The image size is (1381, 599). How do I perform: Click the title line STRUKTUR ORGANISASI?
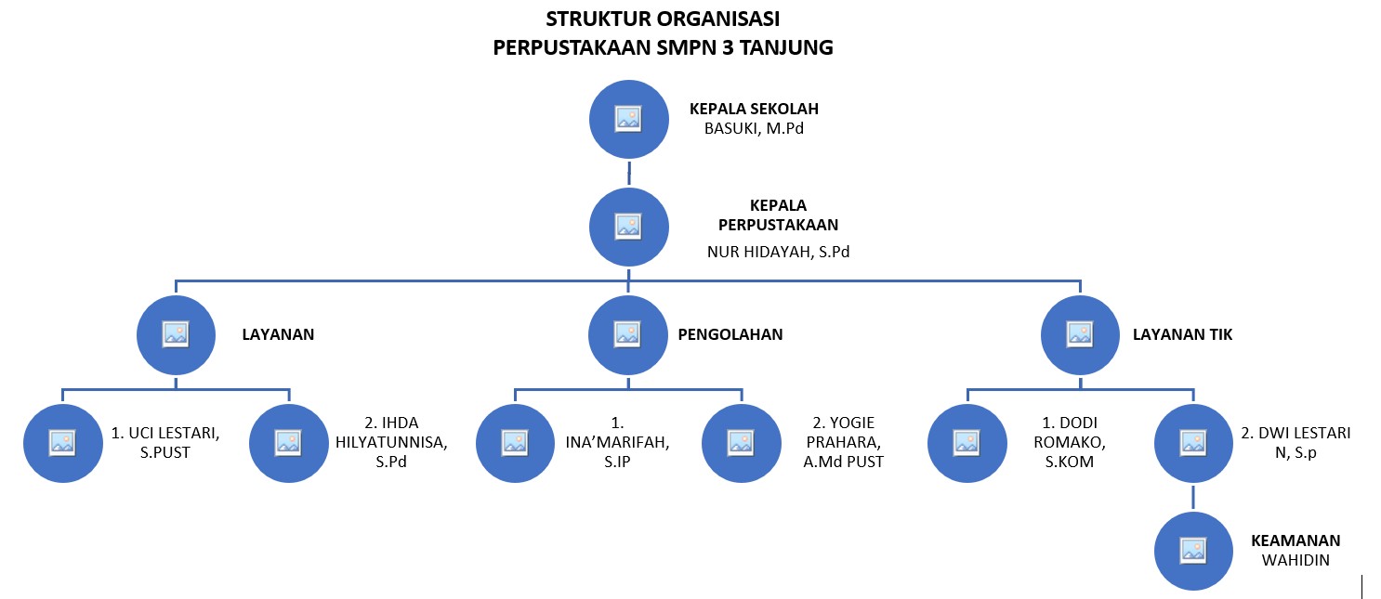point(663,19)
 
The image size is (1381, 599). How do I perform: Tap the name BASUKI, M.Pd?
point(754,129)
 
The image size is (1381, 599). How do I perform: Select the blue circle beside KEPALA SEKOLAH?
point(629,118)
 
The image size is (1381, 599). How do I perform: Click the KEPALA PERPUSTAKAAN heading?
point(778,215)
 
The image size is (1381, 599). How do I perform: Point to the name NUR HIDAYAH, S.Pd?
point(778,251)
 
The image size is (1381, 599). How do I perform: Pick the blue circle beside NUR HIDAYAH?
point(629,227)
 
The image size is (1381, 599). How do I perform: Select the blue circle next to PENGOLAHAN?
point(628,334)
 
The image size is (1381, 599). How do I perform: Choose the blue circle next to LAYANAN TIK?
point(1080,334)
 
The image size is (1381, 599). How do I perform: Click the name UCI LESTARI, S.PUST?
point(165,442)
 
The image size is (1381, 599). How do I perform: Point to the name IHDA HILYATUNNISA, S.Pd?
point(391,443)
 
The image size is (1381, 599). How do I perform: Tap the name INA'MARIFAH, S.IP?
point(618,443)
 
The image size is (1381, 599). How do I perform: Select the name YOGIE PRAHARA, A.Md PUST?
point(844,443)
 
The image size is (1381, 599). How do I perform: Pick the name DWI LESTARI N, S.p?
point(1296,442)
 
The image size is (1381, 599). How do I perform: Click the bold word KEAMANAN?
point(1296,541)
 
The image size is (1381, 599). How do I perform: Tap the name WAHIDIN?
point(1296,560)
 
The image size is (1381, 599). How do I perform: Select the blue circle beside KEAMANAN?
point(1193,551)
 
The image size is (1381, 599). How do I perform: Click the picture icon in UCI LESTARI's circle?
point(62,443)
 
